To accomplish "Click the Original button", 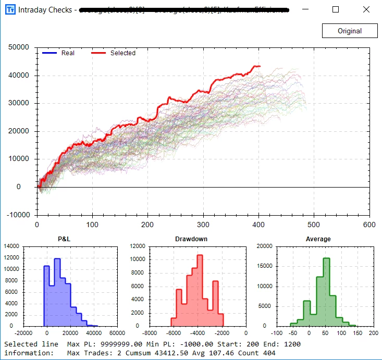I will click(349, 31).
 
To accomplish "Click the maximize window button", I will click(335, 9).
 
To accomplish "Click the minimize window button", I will click(306, 9).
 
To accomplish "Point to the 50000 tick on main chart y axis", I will click(18, 47).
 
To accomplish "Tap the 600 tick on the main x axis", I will click(369, 225).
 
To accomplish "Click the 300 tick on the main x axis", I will click(203, 225).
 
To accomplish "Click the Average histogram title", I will click(317, 239).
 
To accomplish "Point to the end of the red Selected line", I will click(260, 66).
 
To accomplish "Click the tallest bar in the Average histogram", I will click(326, 292).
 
